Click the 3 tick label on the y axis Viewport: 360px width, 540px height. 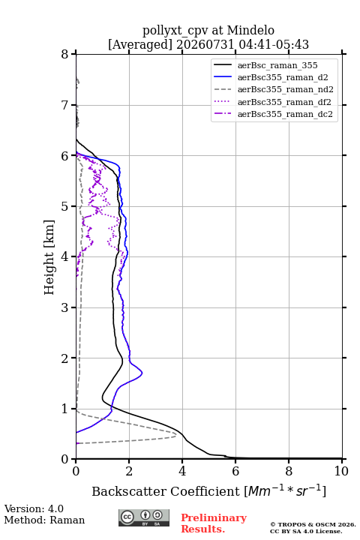64,307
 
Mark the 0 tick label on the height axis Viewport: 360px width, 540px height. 64,459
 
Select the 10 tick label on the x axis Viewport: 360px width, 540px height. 341,471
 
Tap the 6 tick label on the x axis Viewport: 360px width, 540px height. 235,471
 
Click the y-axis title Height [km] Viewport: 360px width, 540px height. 49,257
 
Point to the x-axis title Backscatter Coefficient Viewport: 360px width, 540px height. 165,491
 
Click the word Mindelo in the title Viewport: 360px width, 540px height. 250,30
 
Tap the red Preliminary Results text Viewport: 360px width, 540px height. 214,523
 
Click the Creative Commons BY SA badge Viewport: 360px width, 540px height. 144,517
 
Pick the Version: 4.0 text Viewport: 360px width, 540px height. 34,508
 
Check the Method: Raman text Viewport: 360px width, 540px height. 44,520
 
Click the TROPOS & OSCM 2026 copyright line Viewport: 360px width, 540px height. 313,524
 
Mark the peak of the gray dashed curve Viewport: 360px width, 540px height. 176,435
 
